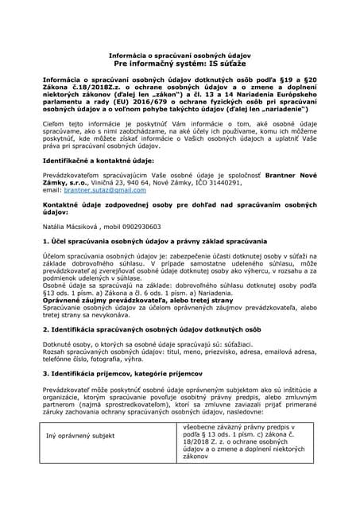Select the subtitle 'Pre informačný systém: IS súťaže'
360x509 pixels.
(180, 61)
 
